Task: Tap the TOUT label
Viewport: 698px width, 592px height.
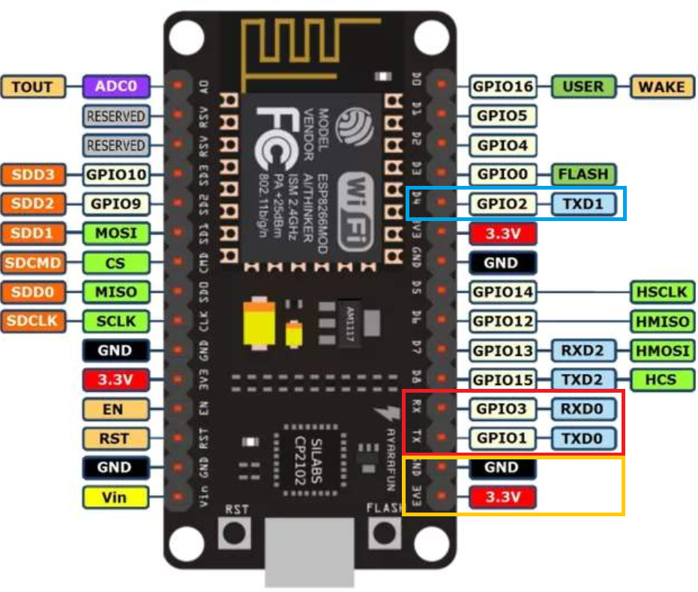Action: tap(33, 87)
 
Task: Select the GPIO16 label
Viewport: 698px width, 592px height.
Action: tap(502, 87)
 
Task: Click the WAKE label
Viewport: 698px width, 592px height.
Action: tap(662, 87)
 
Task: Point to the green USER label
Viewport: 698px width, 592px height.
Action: tap(583, 87)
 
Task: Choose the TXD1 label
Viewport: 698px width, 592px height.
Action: tap(584, 204)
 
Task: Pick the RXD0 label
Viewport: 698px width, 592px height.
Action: tap(584, 409)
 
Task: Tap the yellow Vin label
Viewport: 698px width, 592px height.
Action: tap(115, 496)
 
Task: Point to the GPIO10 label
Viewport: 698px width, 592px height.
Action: tap(116, 175)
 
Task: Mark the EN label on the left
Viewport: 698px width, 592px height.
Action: tap(115, 409)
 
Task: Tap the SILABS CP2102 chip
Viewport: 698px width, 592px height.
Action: tap(309, 463)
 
